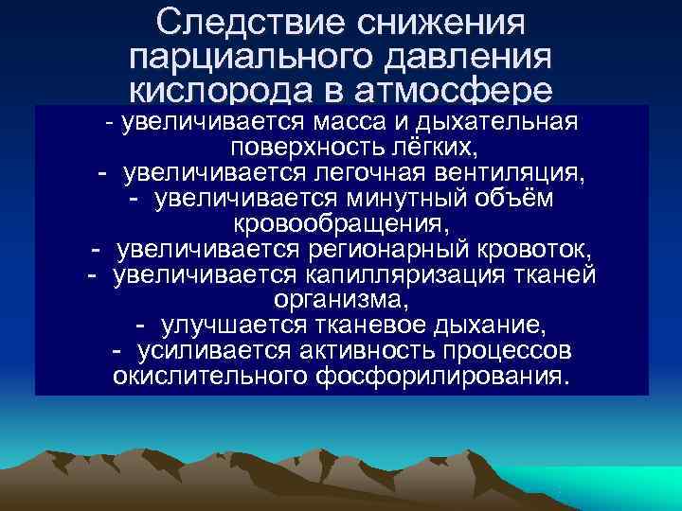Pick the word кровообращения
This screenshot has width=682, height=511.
(340, 225)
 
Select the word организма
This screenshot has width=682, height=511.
(342, 301)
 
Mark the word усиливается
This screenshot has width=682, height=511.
(202, 352)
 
